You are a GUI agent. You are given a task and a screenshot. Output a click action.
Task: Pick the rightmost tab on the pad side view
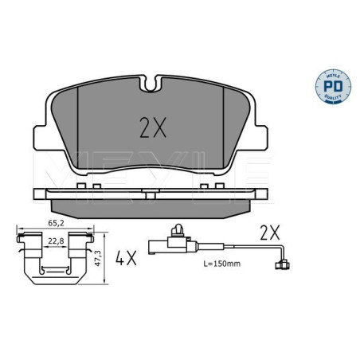click(x=219, y=186)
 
